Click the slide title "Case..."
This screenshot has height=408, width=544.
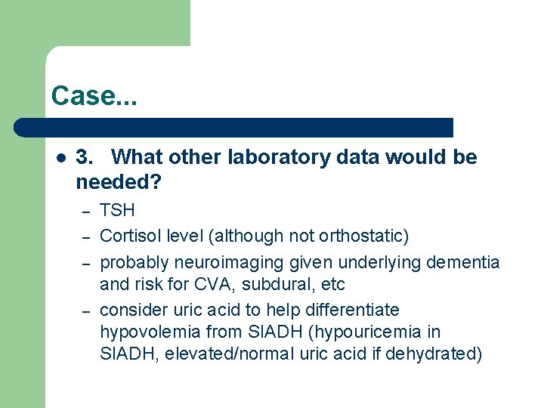[x=93, y=96]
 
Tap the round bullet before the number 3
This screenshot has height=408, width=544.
[x=61, y=158]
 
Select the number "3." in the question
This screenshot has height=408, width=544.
[x=85, y=157]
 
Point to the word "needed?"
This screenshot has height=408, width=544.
[x=119, y=182]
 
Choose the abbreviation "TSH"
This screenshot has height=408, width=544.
[x=117, y=211]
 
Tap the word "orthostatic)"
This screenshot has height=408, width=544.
[x=363, y=236]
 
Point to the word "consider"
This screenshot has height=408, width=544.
[x=129, y=310]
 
